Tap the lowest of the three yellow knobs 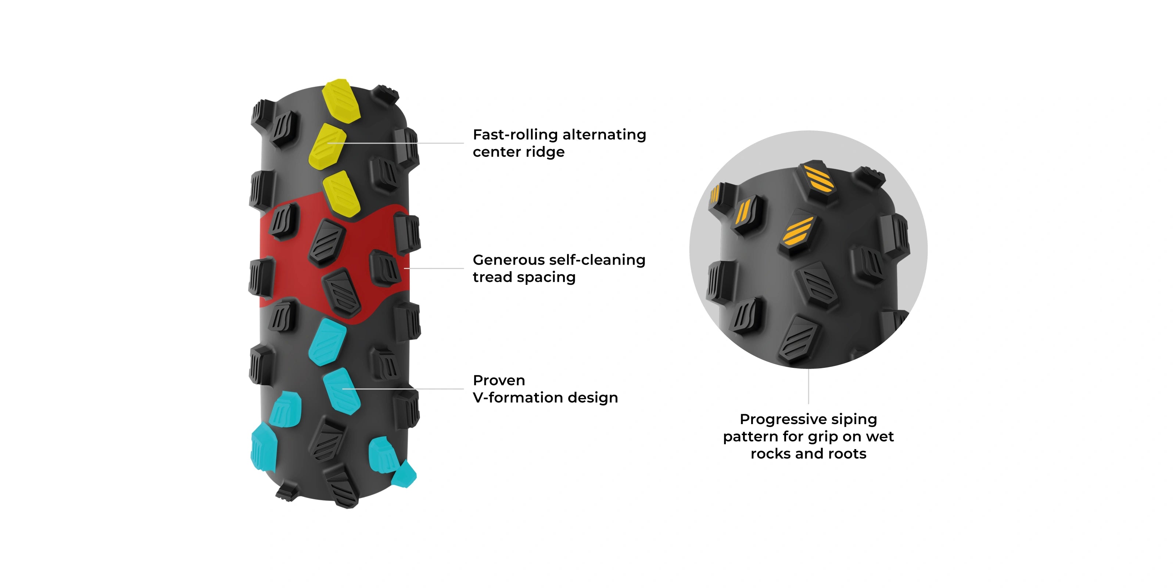[341, 194]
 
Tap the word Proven [499, 380]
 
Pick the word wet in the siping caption [880, 437]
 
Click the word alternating [605, 135]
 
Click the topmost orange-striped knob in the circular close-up [818, 179]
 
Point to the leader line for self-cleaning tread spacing [434, 268]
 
